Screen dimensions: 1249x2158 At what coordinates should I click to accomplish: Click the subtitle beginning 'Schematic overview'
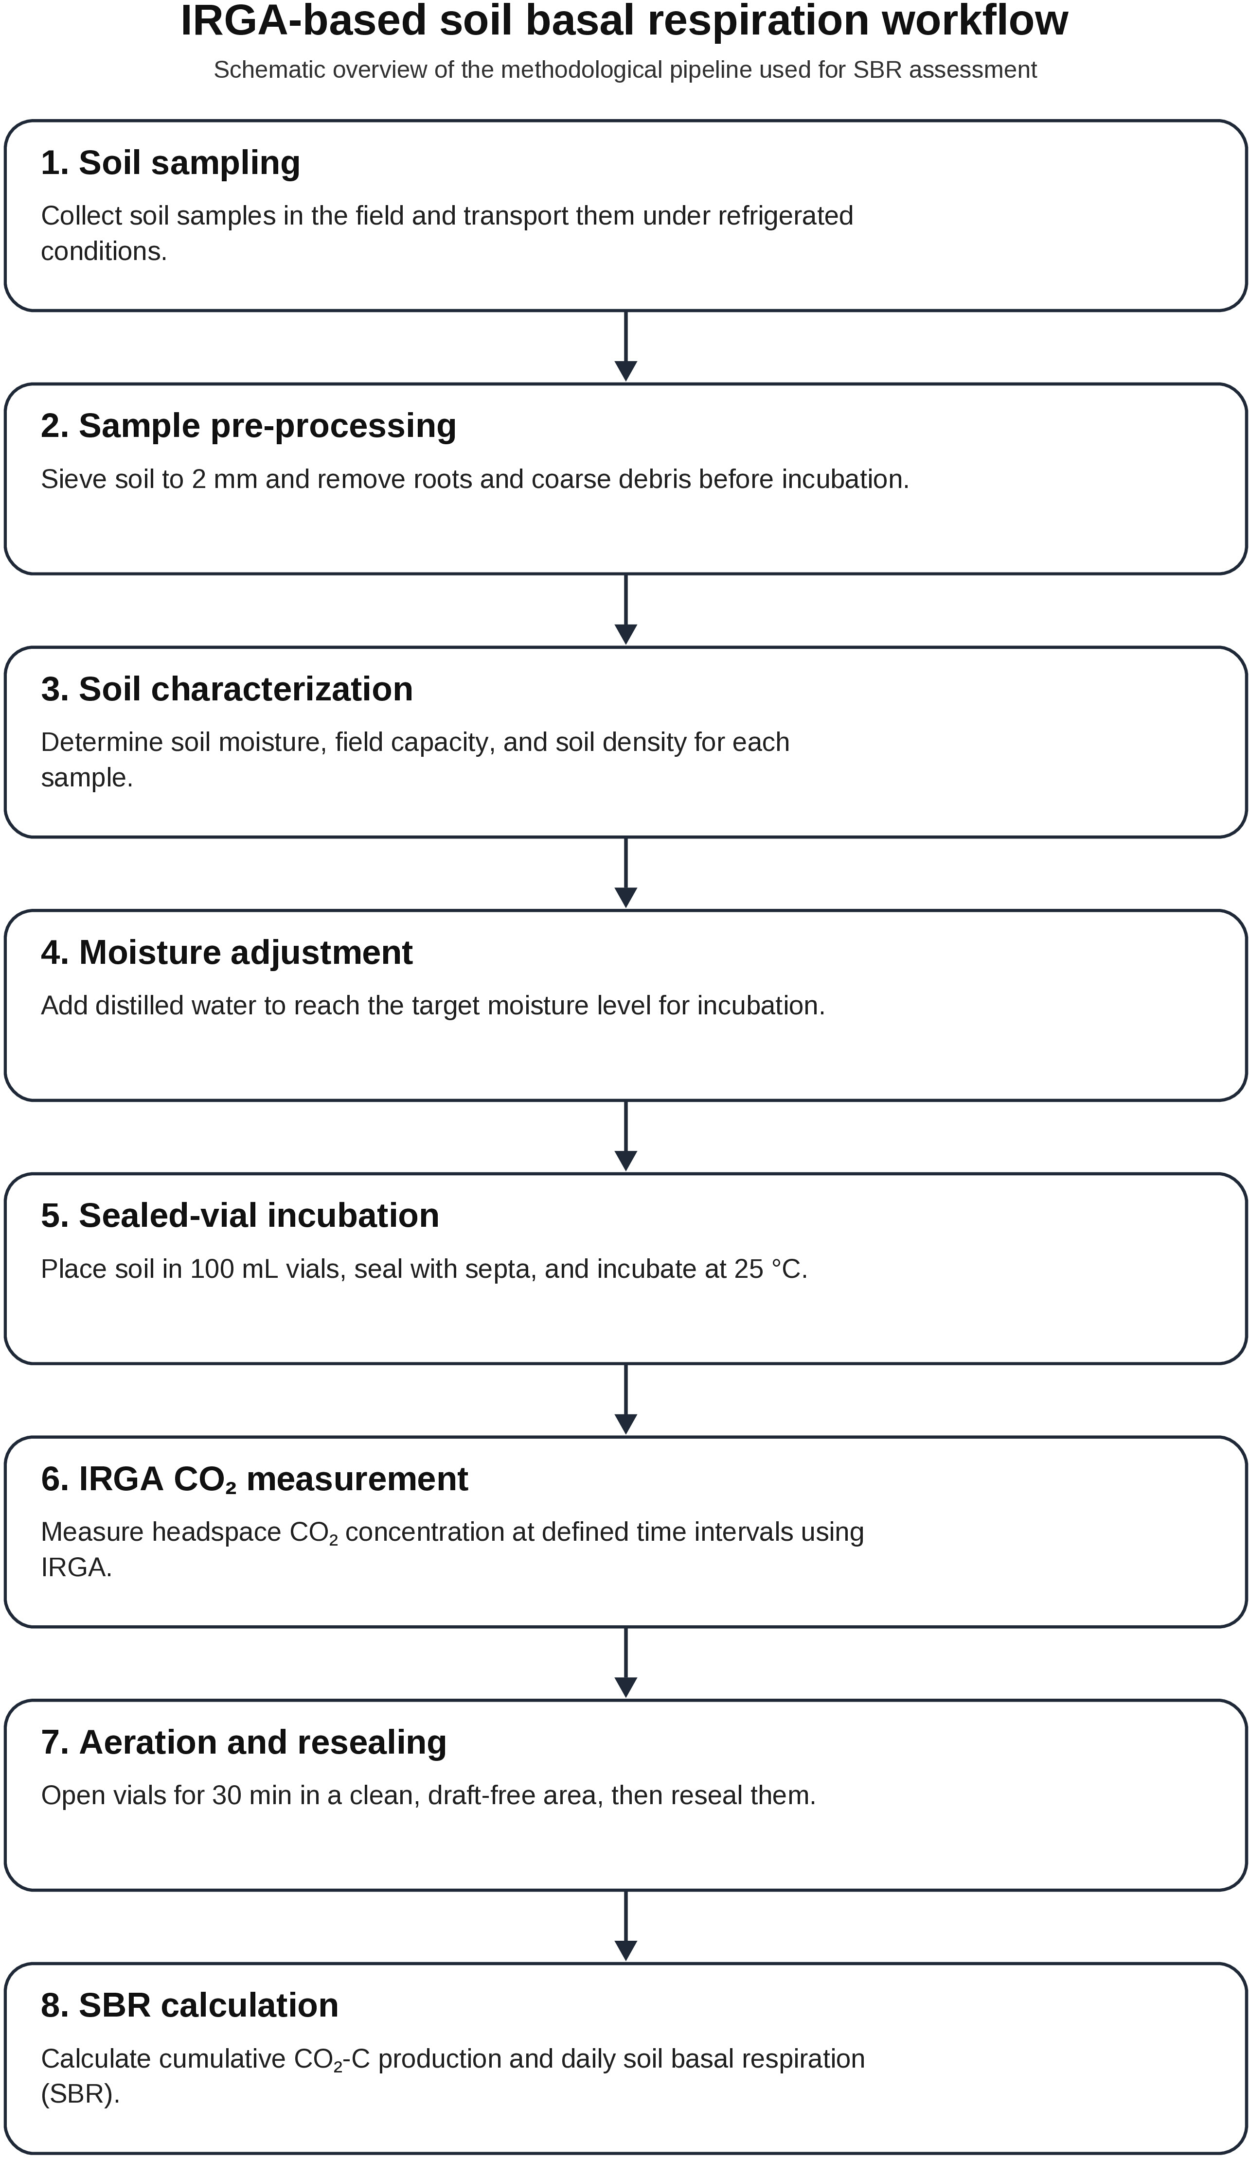click(624, 70)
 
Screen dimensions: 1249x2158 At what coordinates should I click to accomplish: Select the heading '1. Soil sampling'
click(171, 163)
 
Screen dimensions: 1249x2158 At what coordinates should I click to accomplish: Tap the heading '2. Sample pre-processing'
click(249, 426)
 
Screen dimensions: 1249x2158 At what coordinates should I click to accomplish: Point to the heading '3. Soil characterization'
click(227, 689)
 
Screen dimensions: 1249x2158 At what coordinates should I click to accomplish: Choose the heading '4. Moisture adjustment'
click(227, 952)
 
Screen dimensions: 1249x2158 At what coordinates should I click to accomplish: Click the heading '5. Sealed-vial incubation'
click(240, 1215)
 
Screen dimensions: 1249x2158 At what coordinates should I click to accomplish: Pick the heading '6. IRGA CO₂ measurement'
click(254, 1479)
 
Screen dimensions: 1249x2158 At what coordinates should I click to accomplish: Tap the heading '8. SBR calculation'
click(189, 2005)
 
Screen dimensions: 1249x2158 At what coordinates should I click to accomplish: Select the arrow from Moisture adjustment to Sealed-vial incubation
click(626, 1135)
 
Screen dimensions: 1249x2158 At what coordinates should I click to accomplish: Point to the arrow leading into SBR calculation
click(626, 1926)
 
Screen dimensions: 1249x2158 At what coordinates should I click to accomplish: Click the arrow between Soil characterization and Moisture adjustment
click(626, 872)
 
